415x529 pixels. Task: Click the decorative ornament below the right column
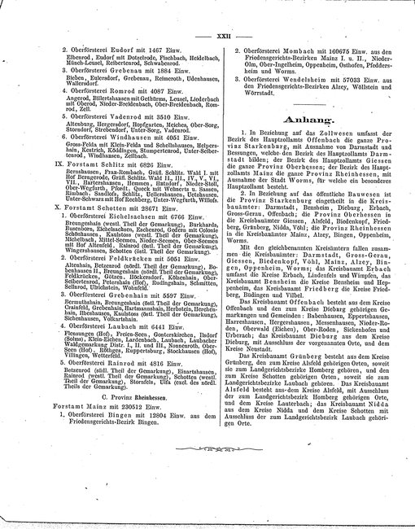[x=310, y=425]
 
